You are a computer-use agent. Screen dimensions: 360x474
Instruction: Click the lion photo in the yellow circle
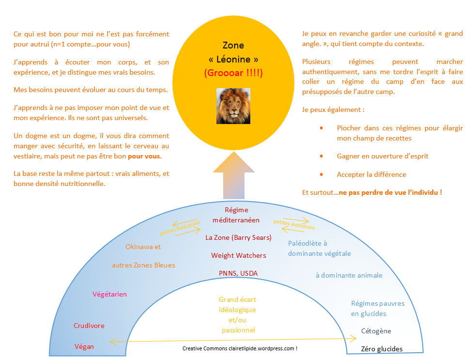pyautogui.click(x=233, y=106)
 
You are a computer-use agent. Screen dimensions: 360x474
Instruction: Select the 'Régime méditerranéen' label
pyautogui.click(x=236, y=215)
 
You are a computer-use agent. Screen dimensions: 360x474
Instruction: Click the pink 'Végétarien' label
pyautogui.click(x=109, y=294)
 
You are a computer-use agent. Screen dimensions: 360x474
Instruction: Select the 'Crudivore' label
pyautogui.click(x=89, y=326)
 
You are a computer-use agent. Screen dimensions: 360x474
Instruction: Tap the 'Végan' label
pyautogui.click(x=84, y=346)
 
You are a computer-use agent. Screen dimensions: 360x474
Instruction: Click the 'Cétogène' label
pyautogui.click(x=376, y=331)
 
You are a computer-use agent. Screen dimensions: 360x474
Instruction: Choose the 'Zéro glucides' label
pyautogui.click(x=382, y=349)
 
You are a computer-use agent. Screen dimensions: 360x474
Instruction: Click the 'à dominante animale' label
pyautogui.click(x=349, y=275)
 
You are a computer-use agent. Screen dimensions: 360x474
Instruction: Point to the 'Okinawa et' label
pyautogui.click(x=143, y=247)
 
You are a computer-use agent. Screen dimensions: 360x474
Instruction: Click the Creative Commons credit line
pyautogui.click(x=240, y=348)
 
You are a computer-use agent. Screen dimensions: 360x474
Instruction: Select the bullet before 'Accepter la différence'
pyautogui.click(x=321, y=174)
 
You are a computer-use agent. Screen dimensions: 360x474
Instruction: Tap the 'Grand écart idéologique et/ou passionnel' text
pyautogui.click(x=237, y=315)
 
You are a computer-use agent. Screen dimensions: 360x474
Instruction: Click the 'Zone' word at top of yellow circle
pyautogui.click(x=233, y=46)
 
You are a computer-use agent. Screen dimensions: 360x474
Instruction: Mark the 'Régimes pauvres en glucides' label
pyautogui.click(x=378, y=308)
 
